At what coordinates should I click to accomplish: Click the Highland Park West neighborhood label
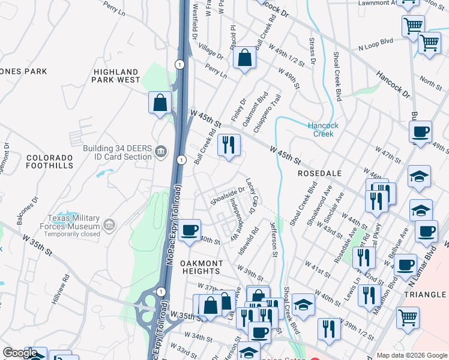point(116,76)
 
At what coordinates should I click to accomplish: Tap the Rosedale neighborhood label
point(319,173)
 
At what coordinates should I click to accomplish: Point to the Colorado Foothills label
point(49,161)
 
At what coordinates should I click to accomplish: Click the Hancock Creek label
point(324,130)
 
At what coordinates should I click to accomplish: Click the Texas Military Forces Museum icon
point(109,226)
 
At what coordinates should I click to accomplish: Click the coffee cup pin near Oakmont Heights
point(190,230)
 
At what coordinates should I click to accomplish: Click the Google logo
point(20,353)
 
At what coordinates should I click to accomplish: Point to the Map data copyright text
point(411,355)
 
